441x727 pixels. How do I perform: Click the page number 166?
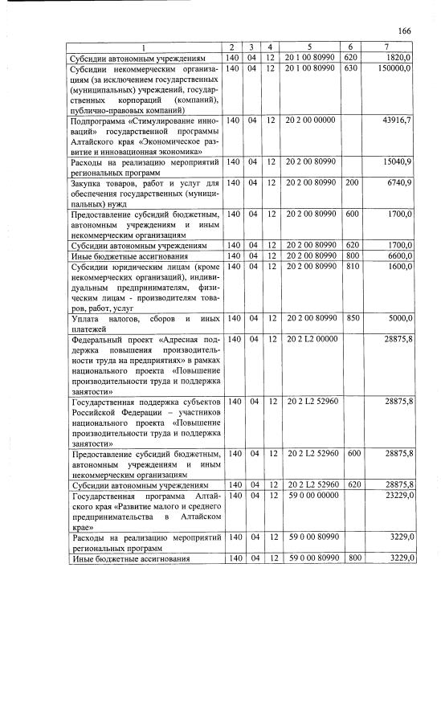(404, 31)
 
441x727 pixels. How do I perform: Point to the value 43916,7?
(398, 120)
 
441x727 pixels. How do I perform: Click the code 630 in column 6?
(349, 69)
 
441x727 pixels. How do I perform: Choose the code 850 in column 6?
(349, 319)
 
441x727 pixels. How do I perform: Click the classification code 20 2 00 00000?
(309, 120)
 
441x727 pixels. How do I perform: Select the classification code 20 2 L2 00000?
(309, 340)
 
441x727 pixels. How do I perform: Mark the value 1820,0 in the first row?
(399, 59)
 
